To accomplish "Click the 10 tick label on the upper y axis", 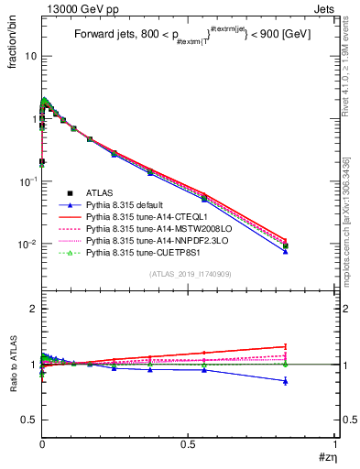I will (x=29, y=56).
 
